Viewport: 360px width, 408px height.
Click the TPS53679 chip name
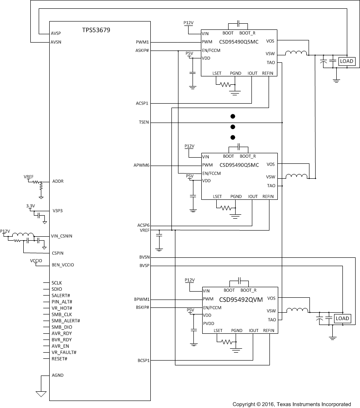coord(96,30)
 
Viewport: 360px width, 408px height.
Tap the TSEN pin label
coord(143,123)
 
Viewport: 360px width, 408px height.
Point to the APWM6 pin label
coord(142,166)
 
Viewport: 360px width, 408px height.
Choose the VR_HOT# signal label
coord(62,308)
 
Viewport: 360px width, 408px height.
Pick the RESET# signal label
coord(59,359)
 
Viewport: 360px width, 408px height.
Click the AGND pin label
coord(58,376)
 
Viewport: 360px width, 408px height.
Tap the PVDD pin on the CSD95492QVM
coord(209,323)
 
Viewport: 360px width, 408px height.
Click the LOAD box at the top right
coord(346,61)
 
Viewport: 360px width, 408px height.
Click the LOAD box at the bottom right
coord(342,318)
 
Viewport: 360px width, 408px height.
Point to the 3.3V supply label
coord(31,205)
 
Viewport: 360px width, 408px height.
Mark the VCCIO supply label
coord(36,260)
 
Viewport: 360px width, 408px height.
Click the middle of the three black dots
coord(233,127)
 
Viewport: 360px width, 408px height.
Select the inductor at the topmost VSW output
coord(296,53)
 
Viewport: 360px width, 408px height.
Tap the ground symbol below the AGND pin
coord(41,394)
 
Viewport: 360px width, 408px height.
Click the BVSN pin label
coord(144,257)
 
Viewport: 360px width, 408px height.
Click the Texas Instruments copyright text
coord(291,404)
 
